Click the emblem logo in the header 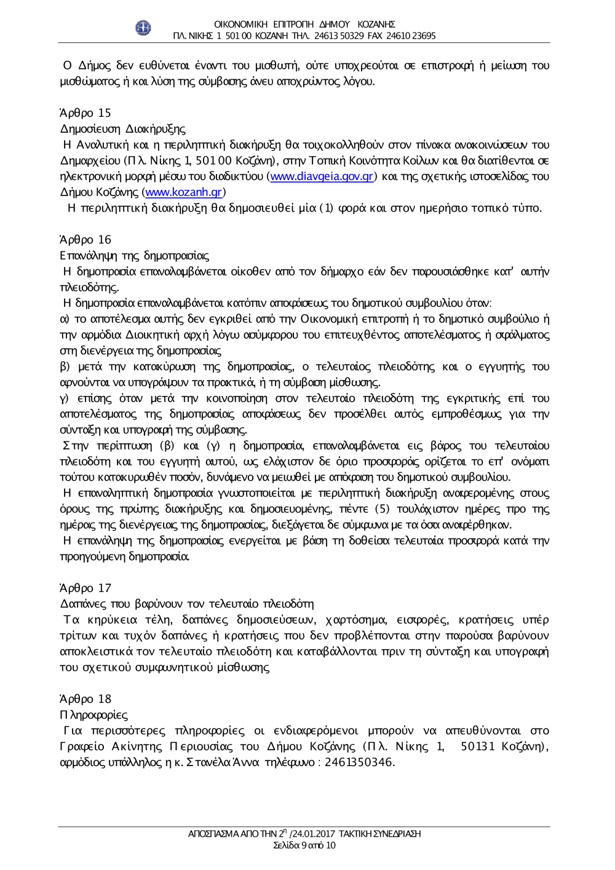click(143, 28)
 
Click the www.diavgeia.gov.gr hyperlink click(322, 176)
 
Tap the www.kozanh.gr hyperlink click(183, 192)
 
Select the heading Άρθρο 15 click(85, 113)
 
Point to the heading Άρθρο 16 click(85, 240)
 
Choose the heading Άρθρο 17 click(85, 588)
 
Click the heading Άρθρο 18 click(85, 699)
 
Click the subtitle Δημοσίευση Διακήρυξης click(122, 129)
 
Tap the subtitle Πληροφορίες click(93, 715)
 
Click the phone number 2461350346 click(359, 763)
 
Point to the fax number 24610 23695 click(411, 36)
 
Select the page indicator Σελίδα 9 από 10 click(304, 845)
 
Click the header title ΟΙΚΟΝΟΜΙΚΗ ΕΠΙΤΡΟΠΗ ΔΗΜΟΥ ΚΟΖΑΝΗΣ click(304, 24)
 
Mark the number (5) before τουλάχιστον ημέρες click(383, 509)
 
